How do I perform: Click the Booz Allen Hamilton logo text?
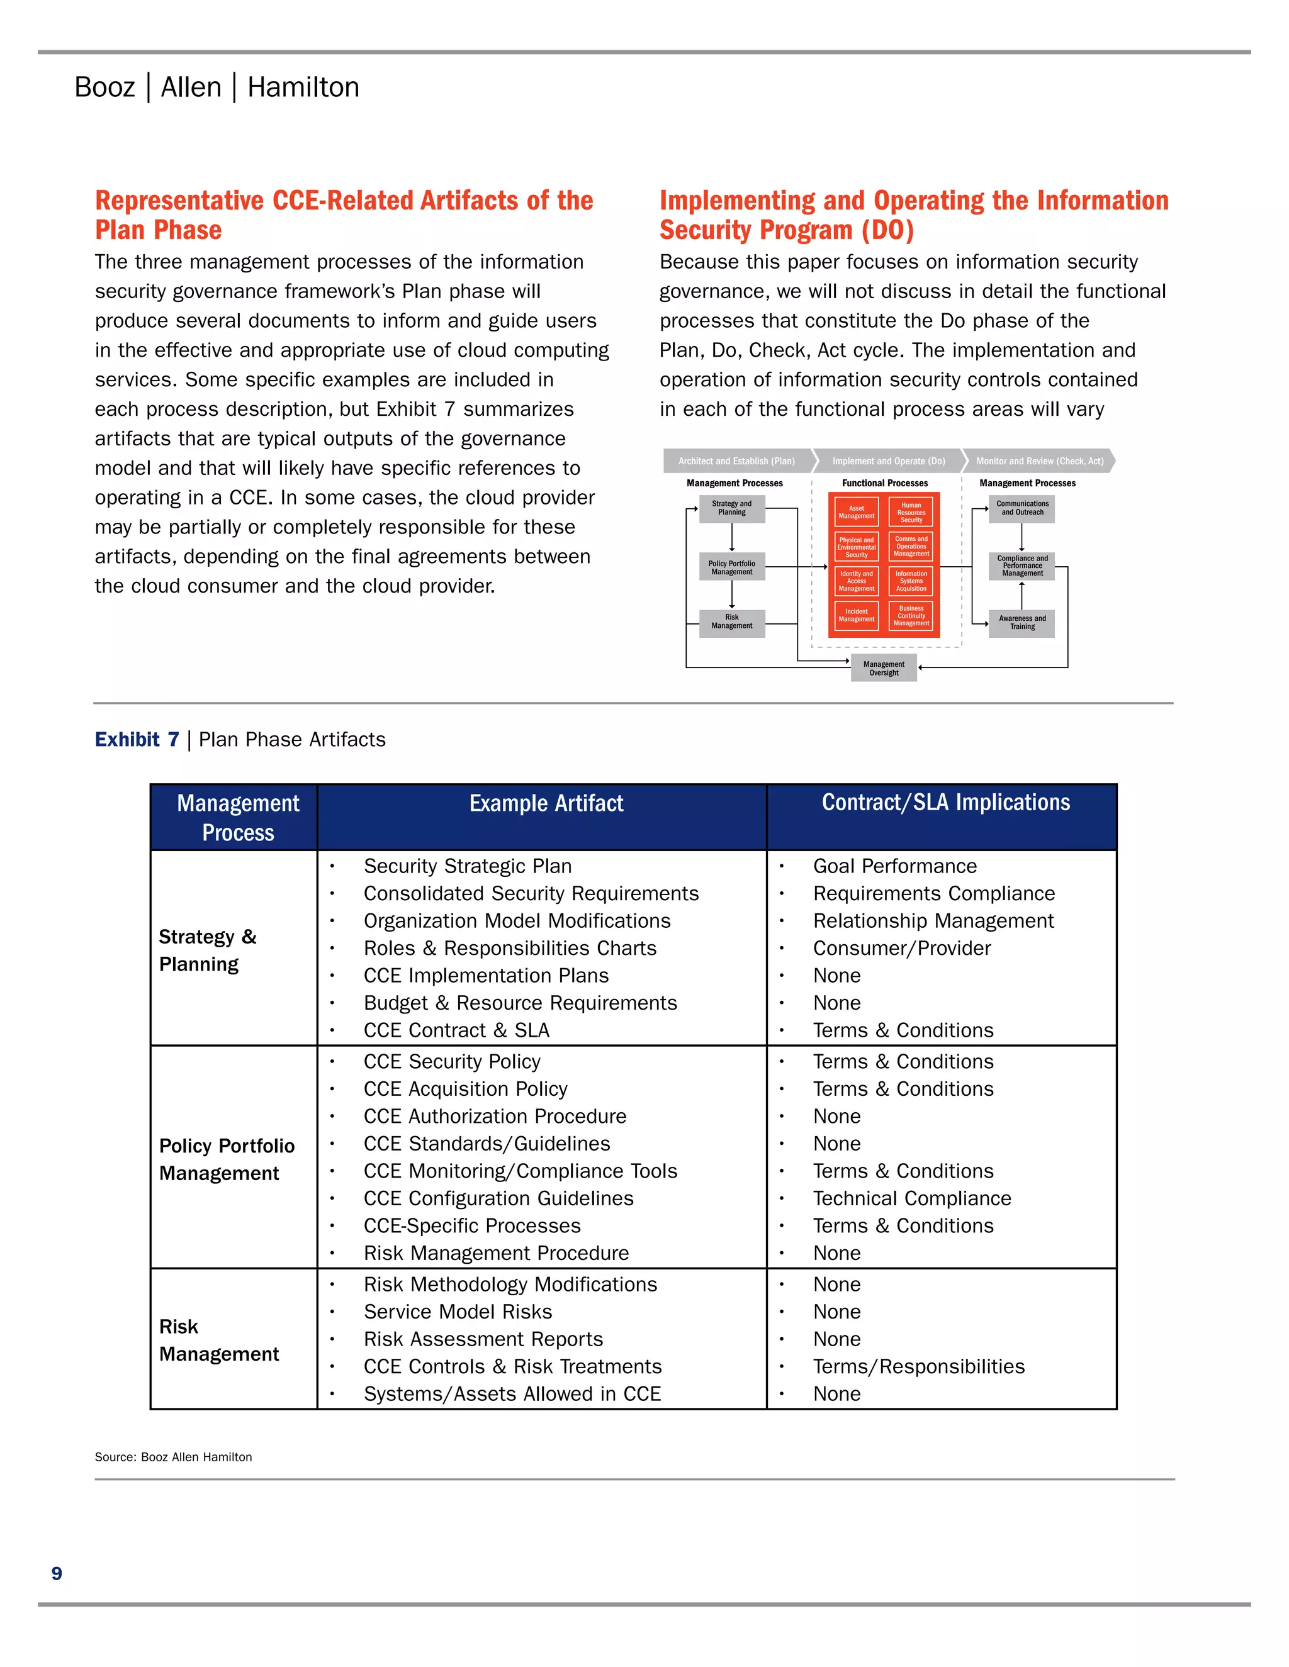217,87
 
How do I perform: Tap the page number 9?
57,1573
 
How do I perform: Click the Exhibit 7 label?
137,740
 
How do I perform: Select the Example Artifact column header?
546,804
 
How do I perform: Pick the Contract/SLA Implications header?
945,803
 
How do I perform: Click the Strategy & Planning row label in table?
208,951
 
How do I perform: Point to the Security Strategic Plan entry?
468,866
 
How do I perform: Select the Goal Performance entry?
894,866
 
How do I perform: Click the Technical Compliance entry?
912,1198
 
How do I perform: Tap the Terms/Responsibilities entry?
919,1366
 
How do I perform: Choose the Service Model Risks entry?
458,1312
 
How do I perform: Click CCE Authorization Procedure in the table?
495,1116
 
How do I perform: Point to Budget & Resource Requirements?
520,1003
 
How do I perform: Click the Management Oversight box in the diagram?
884,669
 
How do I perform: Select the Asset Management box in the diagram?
856,512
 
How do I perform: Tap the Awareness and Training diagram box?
1022,623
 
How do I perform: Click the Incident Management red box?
856,615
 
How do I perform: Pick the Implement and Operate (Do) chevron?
888,461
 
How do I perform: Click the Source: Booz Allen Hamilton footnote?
173,1457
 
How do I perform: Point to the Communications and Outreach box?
1022,508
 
